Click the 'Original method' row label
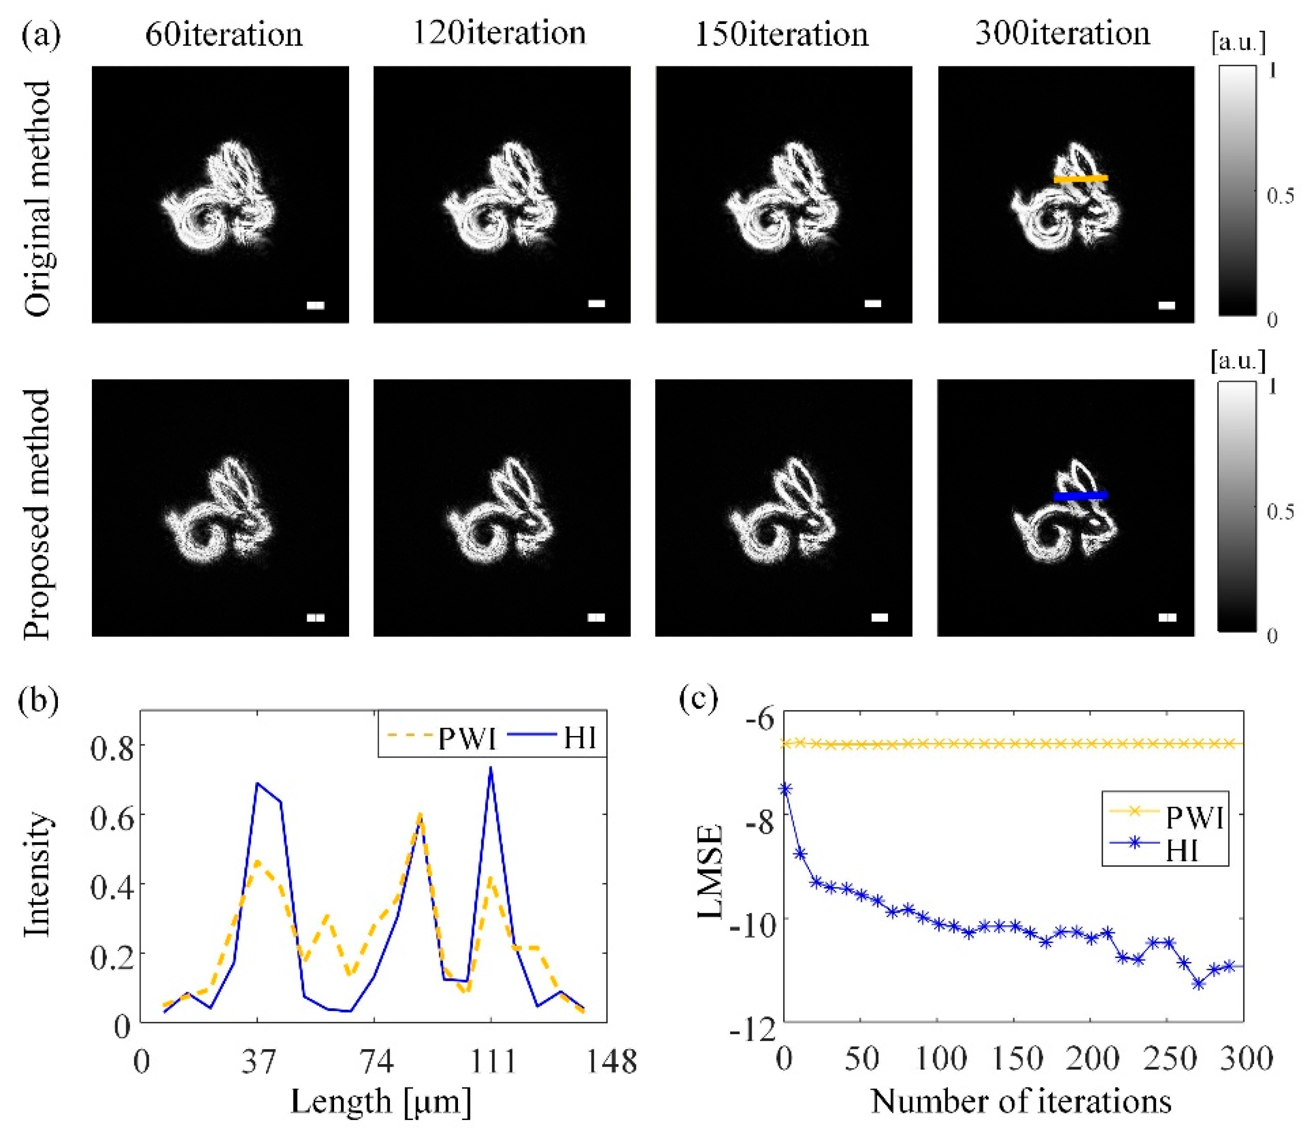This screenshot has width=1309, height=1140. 38,198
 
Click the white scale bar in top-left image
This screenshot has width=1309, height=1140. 315,306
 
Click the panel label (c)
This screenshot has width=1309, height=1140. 698,698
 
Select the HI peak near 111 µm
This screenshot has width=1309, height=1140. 490,768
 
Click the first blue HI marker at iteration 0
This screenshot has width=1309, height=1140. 785,789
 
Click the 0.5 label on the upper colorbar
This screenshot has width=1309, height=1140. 1280,196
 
